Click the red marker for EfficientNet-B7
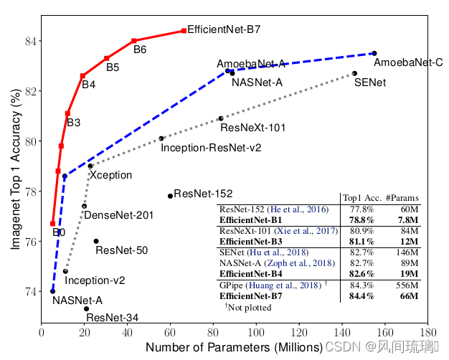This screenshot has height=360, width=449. (184, 31)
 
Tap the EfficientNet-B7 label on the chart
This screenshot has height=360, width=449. (223, 32)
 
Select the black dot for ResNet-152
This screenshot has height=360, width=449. (170, 196)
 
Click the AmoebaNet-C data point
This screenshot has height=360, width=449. (374, 53)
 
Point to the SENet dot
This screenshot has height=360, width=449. (354, 73)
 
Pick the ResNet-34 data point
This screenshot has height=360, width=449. (86, 308)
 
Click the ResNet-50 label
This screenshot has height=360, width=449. (121, 250)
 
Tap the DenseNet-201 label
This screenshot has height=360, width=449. (118, 215)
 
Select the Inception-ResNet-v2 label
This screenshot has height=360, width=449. (211, 148)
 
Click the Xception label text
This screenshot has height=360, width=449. (110, 175)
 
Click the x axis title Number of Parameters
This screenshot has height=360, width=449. (233, 348)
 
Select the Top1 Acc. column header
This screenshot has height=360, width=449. (360, 198)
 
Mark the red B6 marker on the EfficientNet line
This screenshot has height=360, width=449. (134, 41)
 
